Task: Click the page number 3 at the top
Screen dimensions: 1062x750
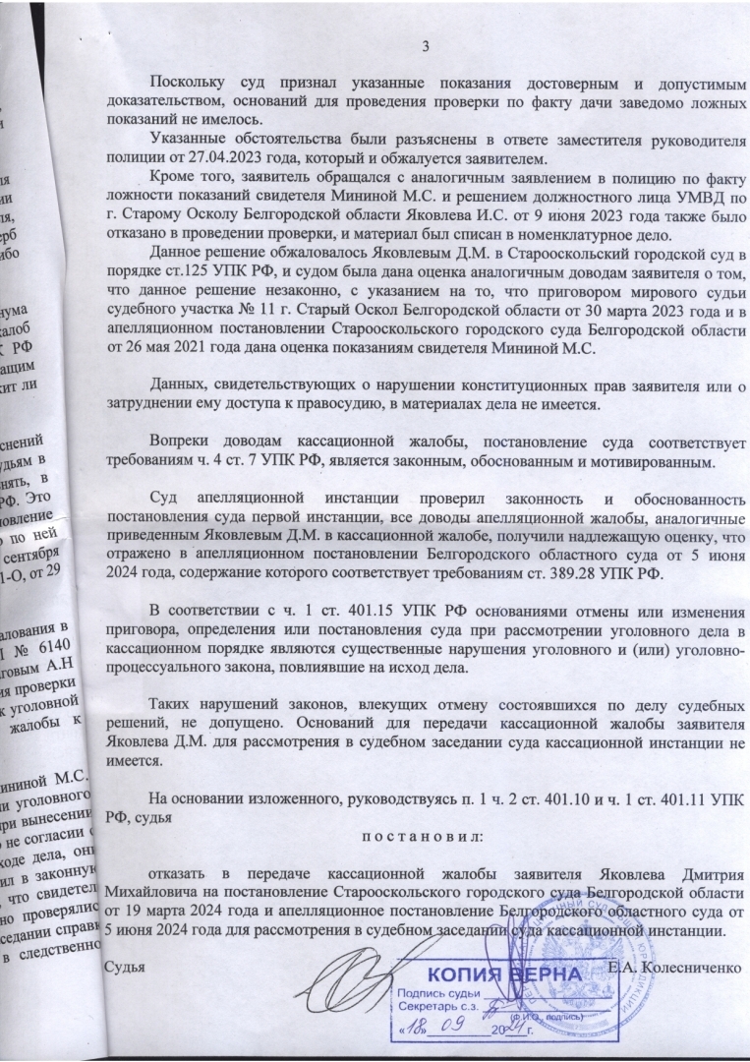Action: [x=425, y=46]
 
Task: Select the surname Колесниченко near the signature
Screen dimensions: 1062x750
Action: [x=689, y=968]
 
